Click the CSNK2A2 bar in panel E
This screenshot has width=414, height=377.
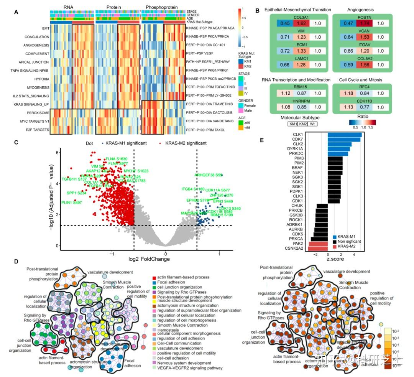pyautogui.click(x=318, y=249)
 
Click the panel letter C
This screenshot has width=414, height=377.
pyautogui.click(x=16, y=143)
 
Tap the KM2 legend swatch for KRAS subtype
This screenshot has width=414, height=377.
pyautogui.click(x=242, y=66)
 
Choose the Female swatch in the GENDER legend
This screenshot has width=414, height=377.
pyautogui.click(x=242, y=105)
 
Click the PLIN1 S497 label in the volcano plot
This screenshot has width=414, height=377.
pyautogui.click(x=72, y=202)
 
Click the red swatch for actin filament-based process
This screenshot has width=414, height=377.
pyautogui.click(x=154, y=277)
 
